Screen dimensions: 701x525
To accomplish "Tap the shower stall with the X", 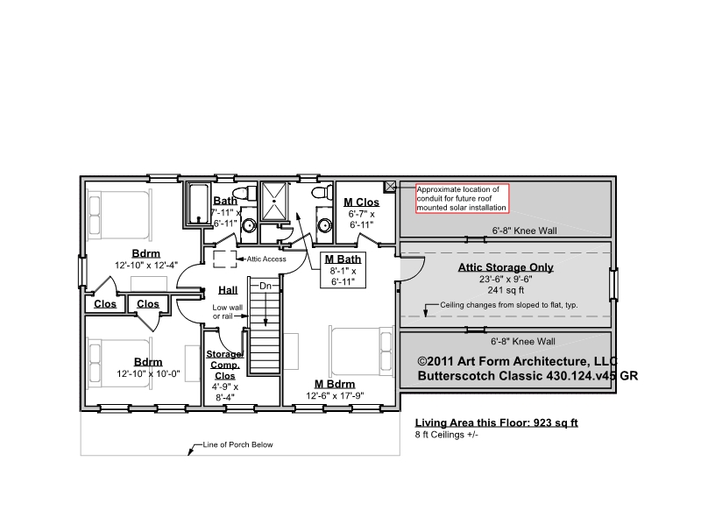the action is pyautogui.click(x=273, y=202).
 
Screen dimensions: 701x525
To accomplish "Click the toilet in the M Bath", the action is pyautogui.click(x=322, y=193).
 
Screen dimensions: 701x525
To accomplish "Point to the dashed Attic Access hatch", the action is pyautogui.click(x=225, y=259).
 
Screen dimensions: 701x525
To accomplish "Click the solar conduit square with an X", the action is pyautogui.click(x=390, y=187).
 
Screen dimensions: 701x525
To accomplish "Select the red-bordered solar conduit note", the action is pyautogui.click(x=463, y=198).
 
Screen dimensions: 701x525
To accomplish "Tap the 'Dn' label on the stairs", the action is pyautogui.click(x=266, y=286).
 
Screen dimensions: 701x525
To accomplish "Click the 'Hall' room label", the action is pyautogui.click(x=228, y=290).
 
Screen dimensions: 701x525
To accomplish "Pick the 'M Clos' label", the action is pyautogui.click(x=361, y=202).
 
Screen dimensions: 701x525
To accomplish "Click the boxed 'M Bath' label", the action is pyautogui.click(x=343, y=270).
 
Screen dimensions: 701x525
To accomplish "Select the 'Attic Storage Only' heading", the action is pyautogui.click(x=506, y=267).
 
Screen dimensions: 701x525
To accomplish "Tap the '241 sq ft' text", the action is pyautogui.click(x=506, y=290).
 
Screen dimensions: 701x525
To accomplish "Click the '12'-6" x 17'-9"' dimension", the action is pyautogui.click(x=335, y=396).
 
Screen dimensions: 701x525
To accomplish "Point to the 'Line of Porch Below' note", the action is pyautogui.click(x=237, y=444).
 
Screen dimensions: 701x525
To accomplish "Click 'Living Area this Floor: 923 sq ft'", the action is pyautogui.click(x=496, y=422).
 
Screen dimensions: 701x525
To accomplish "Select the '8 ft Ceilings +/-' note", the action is pyautogui.click(x=447, y=435).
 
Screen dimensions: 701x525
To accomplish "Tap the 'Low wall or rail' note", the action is pyautogui.click(x=228, y=312).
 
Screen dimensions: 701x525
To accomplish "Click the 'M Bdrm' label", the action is pyautogui.click(x=335, y=384).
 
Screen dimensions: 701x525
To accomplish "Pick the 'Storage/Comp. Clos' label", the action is pyautogui.click(x=225, y=365).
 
